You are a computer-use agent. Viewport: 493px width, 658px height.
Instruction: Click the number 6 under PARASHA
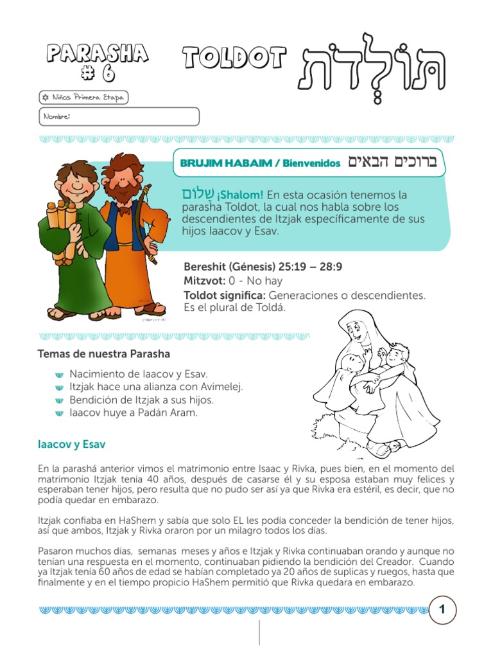[98, 74]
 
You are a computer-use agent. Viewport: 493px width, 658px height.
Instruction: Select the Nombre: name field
[118, 116]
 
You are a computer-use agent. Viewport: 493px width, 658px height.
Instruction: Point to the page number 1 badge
[442, 609]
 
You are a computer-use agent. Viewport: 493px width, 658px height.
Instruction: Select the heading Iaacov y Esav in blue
[71, 444]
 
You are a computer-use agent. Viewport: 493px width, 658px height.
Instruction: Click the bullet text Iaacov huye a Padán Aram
[134, 413]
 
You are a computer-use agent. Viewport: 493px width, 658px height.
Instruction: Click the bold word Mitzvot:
[204, 281]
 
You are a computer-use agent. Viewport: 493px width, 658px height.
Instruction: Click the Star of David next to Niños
[44, 98]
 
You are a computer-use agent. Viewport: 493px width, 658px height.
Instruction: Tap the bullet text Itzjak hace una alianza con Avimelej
[156, 387]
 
